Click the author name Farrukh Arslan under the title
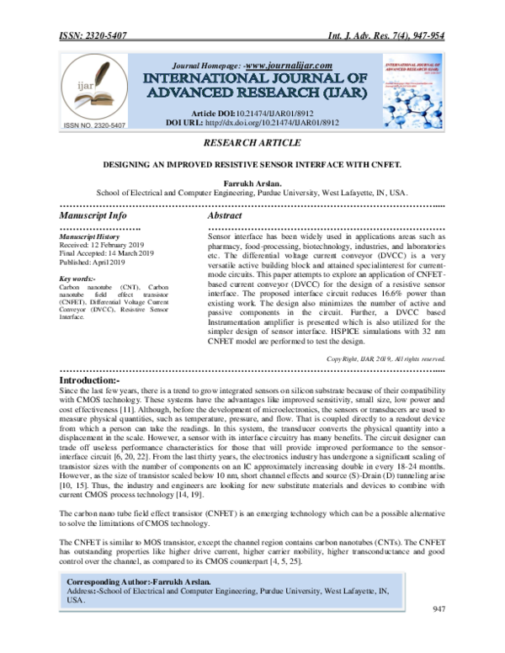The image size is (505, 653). coord(252,181)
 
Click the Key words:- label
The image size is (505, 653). coord(77,279)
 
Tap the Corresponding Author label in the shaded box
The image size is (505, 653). coord(113,582)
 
